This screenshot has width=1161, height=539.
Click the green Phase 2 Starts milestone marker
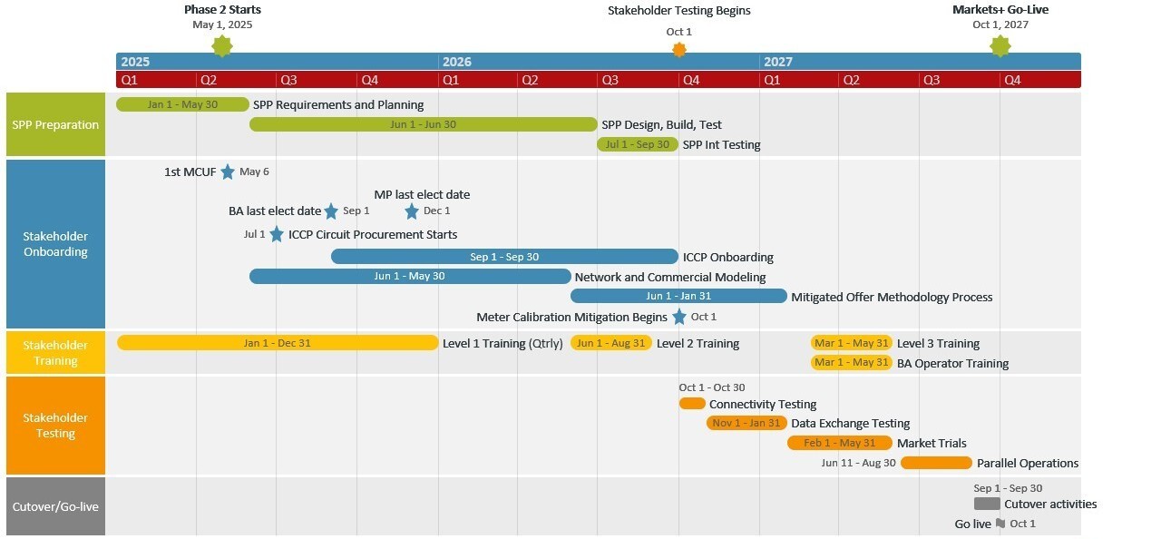222,46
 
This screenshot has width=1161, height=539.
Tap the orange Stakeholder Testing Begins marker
679,50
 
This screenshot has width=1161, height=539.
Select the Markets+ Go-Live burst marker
1000,46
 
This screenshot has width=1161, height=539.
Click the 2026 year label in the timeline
457,62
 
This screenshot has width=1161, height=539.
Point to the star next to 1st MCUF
228,171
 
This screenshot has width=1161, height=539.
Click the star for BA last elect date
331,211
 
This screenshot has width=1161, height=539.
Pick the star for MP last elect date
412,211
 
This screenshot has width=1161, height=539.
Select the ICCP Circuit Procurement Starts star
277,234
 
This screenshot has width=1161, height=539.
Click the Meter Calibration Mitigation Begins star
679,317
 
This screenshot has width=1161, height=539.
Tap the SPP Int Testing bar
638,144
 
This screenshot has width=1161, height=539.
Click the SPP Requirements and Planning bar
182,104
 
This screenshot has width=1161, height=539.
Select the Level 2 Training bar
611,343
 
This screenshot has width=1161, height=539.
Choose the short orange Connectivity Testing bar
692,404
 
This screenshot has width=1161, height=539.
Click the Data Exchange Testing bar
746,423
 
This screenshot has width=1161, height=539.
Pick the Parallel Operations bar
936,463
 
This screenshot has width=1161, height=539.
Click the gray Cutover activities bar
987,504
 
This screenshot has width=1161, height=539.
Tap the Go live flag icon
1000,524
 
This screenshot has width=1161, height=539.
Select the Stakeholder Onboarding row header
55,244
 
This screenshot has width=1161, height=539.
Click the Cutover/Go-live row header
55,506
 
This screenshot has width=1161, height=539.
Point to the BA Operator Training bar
852,363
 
